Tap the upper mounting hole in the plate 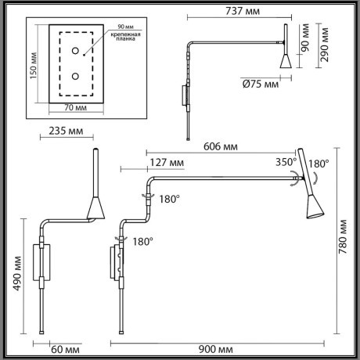[x=77, y=52]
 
